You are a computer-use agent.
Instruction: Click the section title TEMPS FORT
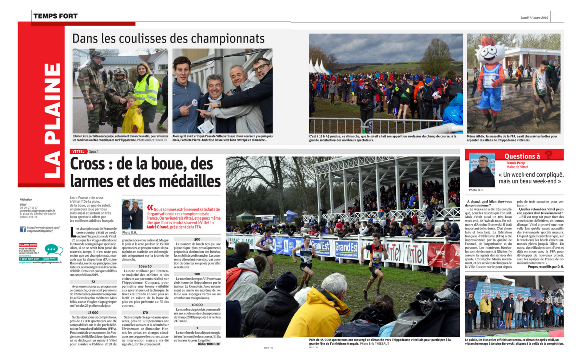55,16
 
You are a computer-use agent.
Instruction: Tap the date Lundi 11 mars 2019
534,18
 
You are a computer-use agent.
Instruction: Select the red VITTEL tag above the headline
78,152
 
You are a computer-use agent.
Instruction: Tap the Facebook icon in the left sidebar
23,229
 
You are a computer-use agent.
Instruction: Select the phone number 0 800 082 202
29,259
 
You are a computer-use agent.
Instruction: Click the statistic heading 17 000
93,312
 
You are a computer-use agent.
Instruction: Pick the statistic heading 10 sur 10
145,267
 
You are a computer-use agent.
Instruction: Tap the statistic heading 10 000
197,305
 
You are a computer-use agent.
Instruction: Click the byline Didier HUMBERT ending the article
209,344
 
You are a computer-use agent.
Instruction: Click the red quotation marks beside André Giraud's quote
150,208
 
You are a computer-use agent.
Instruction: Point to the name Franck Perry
515,163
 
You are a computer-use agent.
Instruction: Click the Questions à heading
522,156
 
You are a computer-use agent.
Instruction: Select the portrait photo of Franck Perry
482,170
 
